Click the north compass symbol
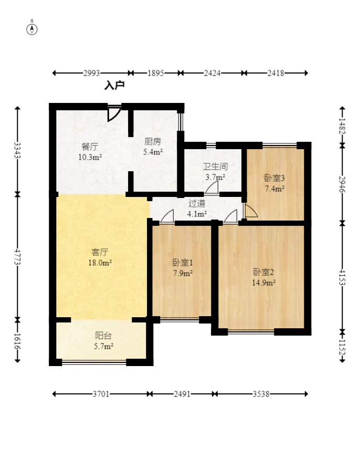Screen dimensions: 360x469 coord(32,29)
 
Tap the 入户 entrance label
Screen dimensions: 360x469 coord(114,86)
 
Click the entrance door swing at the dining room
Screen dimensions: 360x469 coord(114,113)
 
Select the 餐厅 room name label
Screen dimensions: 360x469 coord(90,147)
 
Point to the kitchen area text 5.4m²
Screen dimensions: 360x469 coord(153,152)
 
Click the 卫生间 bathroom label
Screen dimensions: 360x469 coord(215,166)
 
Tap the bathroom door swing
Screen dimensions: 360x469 coord(211,187)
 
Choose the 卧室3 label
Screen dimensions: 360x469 coord(274,178)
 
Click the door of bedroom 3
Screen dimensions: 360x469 coord(250,211)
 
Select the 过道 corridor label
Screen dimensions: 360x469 coord(197,203)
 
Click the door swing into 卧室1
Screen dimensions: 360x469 coord(167,216)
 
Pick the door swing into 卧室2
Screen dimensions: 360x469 coord(230,216)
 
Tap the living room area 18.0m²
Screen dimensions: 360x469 coord(100,263)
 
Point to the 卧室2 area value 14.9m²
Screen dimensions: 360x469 coord(263,283)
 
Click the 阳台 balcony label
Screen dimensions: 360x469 coord(103,336)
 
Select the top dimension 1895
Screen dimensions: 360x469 coord(156,73)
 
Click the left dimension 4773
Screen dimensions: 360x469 coord(18,257)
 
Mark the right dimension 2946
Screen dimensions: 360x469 coord(342,184)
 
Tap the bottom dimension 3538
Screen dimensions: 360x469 coord(261,394)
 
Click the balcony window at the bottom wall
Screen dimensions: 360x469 coord(94,362)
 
